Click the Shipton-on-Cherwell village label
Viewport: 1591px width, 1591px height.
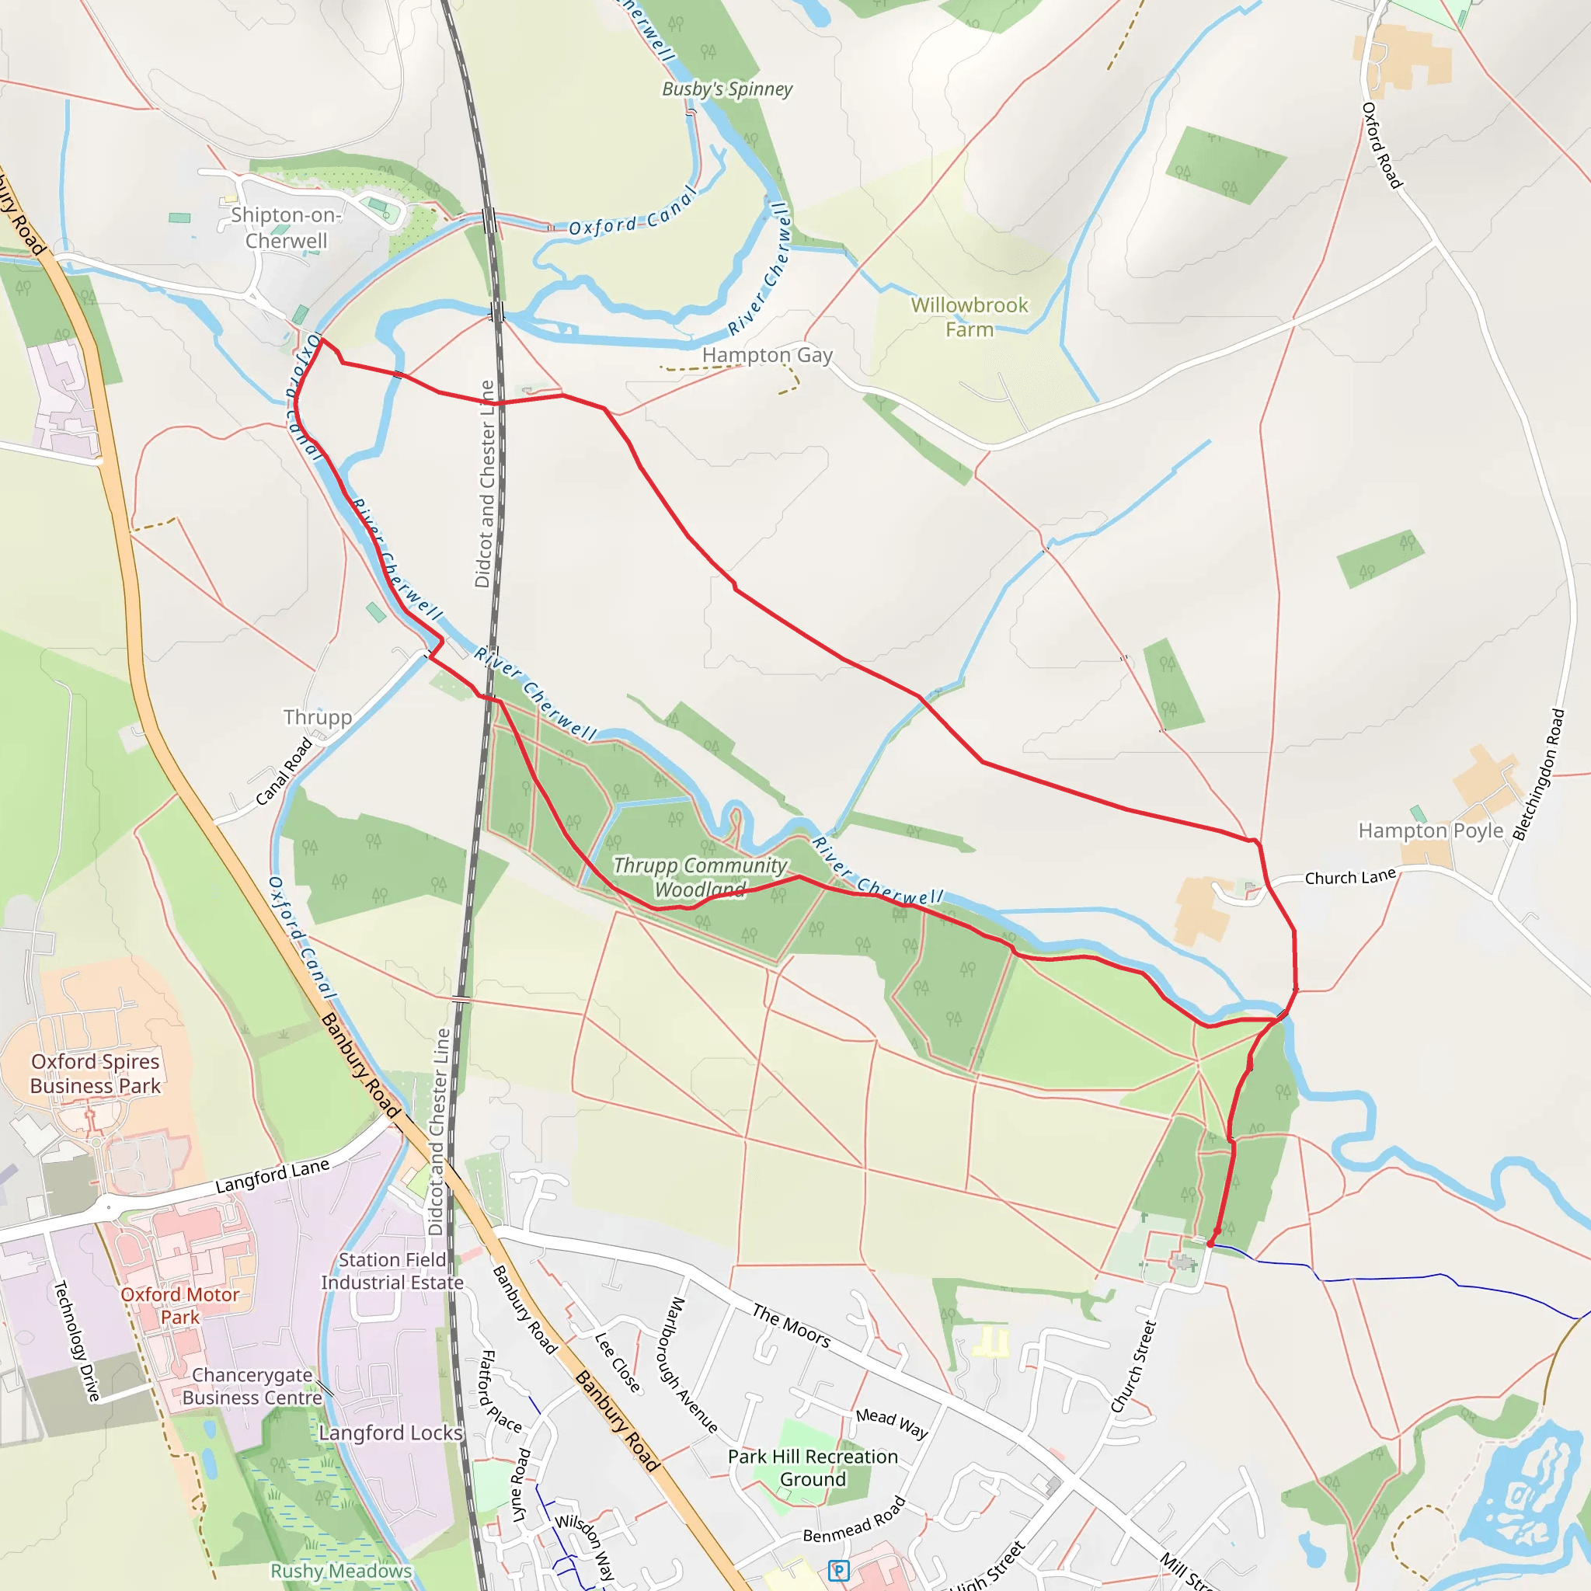(286, 228)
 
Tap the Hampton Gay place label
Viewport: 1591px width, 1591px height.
(767, 355)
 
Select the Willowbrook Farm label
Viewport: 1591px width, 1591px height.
(970, 317)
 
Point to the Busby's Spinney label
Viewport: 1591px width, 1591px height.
(727, 89)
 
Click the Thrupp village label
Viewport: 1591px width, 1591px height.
(317, 717)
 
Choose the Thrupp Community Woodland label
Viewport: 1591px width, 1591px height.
(700, 877)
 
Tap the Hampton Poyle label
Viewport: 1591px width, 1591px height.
(1430, 830)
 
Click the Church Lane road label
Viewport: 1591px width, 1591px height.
(1349, 877)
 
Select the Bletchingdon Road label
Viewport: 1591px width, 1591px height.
(1538, 775)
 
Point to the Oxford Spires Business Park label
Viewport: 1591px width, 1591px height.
(96, 1074)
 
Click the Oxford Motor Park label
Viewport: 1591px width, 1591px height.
(179, 1305)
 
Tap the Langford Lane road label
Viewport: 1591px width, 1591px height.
(273, 1175)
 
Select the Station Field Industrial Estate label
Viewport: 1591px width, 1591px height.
(392, 1272)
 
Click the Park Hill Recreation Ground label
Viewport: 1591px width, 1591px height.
(813, 1467)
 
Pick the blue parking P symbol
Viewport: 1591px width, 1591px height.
(837, 1570)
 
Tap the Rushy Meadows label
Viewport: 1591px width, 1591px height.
(341, 1570)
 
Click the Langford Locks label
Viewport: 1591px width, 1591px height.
(390, 1433)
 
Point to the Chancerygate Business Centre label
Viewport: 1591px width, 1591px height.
(252, 1386)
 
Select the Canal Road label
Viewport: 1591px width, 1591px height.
(284, 771)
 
